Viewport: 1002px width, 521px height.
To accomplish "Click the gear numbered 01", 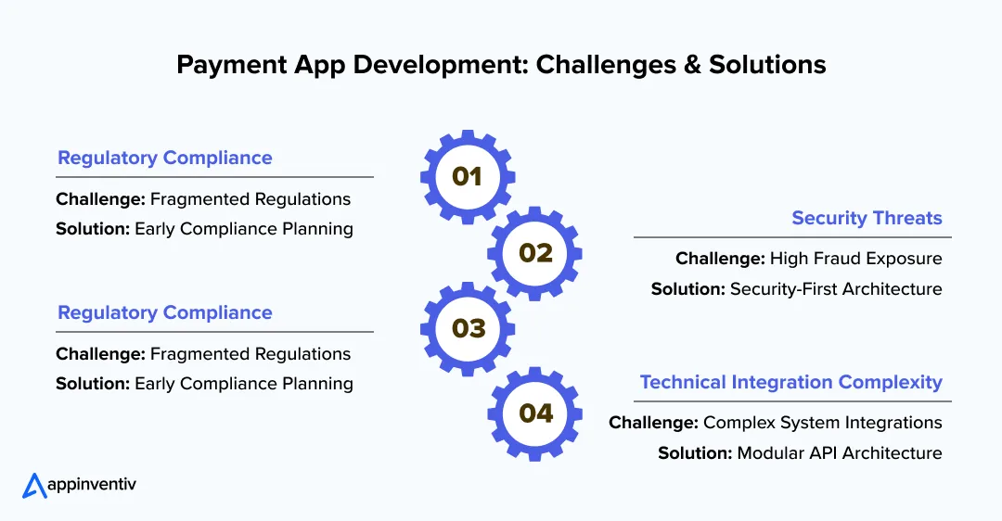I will tap(468, 177).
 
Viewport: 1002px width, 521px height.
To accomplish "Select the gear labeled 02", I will tap(535, 253).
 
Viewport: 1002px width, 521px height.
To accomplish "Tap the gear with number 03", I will tap(468, 328).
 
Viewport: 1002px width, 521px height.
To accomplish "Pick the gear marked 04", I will tap(535, 413).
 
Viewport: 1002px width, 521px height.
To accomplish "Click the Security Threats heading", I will tap(867, 219).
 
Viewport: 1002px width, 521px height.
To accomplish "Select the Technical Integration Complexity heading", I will tap(790, 382).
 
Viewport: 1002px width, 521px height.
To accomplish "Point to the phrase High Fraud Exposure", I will tap(855, 259).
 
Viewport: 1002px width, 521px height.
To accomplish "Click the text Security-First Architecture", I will tap(836, 289).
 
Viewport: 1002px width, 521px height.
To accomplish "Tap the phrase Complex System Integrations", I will tap(822, 423).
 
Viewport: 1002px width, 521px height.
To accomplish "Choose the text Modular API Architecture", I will tap(840, 453).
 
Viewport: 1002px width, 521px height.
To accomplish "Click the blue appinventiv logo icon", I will tap(34, 486).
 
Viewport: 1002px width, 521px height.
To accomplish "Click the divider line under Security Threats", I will tap(792, 237).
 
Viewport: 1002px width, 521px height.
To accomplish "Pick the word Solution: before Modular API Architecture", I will tap(695, 453).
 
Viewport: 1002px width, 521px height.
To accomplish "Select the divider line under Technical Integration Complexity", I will tap(792, 401).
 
